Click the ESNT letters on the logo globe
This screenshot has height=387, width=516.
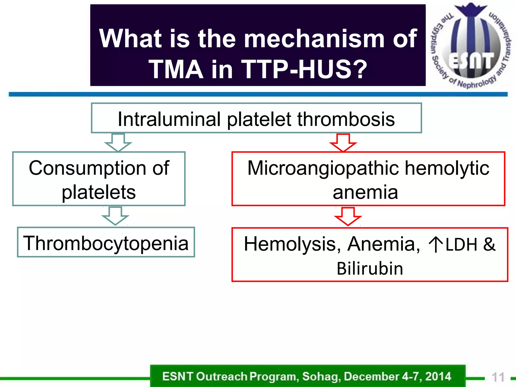(x=471, y=61)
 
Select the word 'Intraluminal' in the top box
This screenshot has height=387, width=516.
(x=169, y=119)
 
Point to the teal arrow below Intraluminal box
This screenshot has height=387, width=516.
(x=118, y=142)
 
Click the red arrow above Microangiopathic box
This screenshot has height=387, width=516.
(x=343, y=143)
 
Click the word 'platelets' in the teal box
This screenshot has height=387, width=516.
(x=99, y=192)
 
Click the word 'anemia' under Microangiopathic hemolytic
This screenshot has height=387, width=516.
(x=365, y=192)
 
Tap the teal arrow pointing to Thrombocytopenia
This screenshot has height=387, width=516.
(x=115, y=216)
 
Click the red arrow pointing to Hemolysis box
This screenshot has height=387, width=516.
(x=348, y=216)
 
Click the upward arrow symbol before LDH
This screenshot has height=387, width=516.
(x=435, y=244)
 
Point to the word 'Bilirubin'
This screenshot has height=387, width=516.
(x=370, y=268)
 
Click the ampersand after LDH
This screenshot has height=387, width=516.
(x=489, y=244)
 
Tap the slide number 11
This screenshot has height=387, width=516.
(x=498, y=377)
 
